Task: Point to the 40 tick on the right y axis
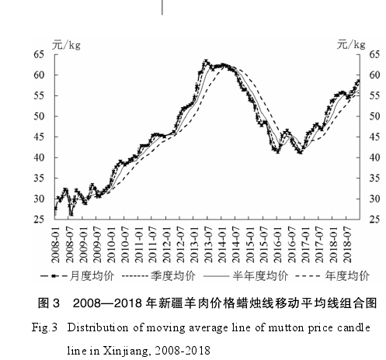coord(374,157)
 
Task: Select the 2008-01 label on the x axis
coord(55,245)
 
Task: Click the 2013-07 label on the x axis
coord(208,245)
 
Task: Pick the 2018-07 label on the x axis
coord(347,245)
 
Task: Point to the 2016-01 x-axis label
coord(277,245)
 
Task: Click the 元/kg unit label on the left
coord(66,45)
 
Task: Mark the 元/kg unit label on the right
coord(351,45)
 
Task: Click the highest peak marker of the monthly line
coord(206,61)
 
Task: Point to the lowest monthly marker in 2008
coord(71,214)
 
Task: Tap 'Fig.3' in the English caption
coord(44,328)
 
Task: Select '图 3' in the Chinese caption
coord(49,303)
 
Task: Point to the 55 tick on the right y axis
coord(374,95)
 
